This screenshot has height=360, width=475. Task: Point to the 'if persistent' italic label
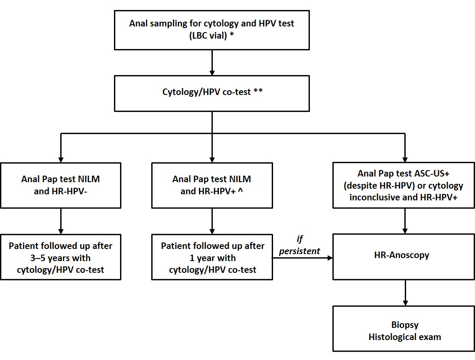pyautogui.click(x=299, y=245)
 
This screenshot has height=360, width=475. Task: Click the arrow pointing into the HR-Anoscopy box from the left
pyautogui.click(x=303, y=258)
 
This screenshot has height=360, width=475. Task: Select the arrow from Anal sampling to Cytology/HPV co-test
pyautogui.click(x=212, y=63)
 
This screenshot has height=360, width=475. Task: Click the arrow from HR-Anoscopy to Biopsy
pyautogui.click(x=405, y=293)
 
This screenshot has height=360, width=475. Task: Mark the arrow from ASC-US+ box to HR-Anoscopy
pyautogui.click(x=405, y=221)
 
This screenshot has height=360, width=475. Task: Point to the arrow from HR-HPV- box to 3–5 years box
pyautogui.click(x=61, y=221)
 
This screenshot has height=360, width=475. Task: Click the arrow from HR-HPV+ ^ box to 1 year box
pyautogui.click(x=212, y=221)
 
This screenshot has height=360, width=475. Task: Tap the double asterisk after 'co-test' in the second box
pyautogui.click(x=258, y=91)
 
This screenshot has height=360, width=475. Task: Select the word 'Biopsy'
pyautogui.click(x=405, y=325)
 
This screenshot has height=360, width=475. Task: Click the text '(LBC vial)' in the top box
pyautogui.click(x=208, y=36)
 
